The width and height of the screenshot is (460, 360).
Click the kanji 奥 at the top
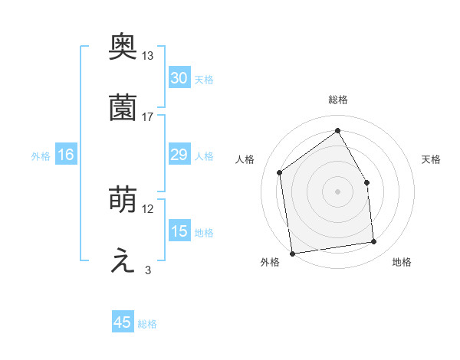[123, 47]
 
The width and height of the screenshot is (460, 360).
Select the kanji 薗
[123, 108]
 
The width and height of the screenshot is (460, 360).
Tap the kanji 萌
[123, 201]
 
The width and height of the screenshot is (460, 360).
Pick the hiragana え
[123, 261]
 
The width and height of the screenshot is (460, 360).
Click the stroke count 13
[148, 56]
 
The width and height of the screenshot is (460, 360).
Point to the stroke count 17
[148, 116]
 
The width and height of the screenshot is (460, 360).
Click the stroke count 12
[148, 209]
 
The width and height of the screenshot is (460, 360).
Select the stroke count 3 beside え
[148, 270]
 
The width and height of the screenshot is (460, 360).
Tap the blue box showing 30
[179, 78]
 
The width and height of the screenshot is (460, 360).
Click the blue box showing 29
[179, 155]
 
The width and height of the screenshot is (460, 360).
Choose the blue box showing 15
[179, 231]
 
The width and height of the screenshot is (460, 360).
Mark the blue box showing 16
[66, 155]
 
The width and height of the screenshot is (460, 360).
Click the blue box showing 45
[123, 322]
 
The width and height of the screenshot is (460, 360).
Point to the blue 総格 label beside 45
[147, 324]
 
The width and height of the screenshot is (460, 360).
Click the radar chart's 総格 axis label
[338, 100]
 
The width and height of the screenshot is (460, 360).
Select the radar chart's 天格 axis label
[431, 159]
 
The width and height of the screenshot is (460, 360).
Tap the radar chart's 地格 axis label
[402, 262]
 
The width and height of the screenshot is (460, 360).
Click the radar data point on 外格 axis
[291, 254]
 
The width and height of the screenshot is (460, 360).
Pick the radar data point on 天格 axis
[366, 182]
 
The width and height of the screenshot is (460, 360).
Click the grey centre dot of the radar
[338, 191]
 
